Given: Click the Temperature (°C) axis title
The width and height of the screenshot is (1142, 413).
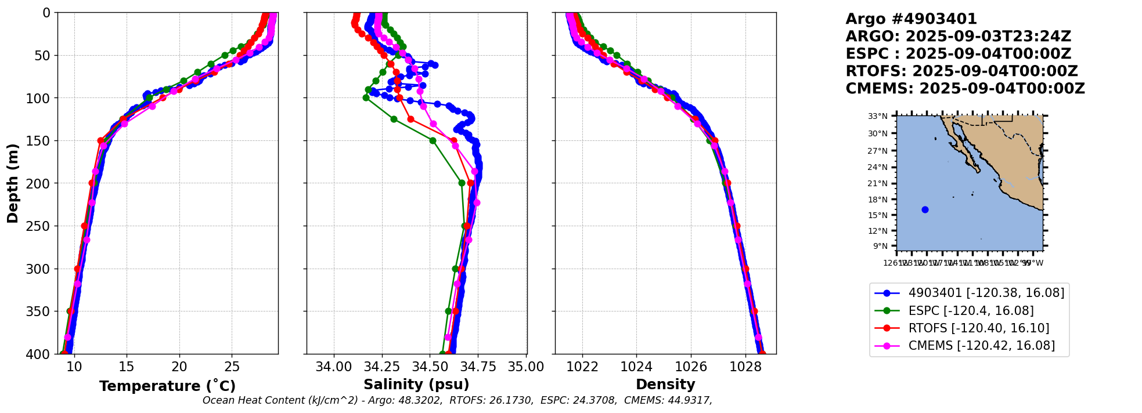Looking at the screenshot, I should pos(167,386).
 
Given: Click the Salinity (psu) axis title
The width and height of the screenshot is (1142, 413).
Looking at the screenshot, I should pos(416,385).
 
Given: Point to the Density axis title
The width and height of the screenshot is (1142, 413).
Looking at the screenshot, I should pos(665,385).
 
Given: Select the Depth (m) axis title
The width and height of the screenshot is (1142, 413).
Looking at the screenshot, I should pos(13,183).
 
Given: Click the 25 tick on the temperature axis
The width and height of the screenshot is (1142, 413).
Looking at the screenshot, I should pos(232,367).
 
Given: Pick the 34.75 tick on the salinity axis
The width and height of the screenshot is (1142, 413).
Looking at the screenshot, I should pos(478,367).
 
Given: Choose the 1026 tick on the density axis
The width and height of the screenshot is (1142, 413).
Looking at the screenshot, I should pos(691,367).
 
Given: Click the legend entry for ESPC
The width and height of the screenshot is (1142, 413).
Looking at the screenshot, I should pos(971,311).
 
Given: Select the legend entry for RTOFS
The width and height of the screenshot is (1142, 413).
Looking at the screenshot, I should pos(978,328).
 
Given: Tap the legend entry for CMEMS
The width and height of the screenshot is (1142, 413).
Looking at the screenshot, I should pos(981,346).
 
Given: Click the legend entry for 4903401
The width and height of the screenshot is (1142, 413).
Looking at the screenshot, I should pos(986,293).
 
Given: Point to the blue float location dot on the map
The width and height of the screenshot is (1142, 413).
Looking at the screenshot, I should pos(925,210).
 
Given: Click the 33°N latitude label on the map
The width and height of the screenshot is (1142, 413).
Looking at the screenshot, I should pos(878,117).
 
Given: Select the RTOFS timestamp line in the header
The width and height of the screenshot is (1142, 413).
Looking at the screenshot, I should pos(961,71).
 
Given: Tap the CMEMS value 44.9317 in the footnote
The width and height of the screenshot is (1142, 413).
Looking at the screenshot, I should pos(687,401).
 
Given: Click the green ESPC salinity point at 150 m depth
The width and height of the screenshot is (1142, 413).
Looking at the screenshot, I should pos(433,140).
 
